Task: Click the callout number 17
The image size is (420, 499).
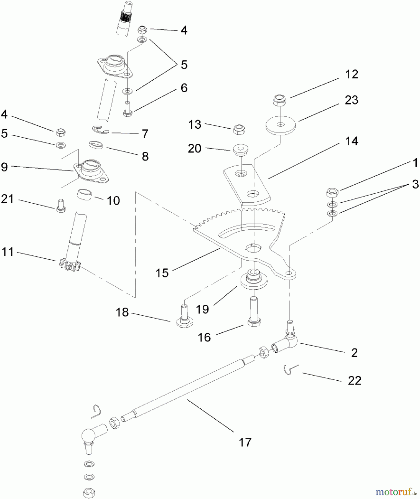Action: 245,442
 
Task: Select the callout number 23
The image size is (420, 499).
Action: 351,100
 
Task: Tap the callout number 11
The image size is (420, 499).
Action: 7,252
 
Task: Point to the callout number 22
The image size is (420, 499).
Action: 354,380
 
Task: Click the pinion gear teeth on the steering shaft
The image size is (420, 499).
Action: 69,265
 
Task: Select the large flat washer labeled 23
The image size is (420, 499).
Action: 281,126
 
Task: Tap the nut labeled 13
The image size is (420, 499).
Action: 239,129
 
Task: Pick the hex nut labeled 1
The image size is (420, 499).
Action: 332,192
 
